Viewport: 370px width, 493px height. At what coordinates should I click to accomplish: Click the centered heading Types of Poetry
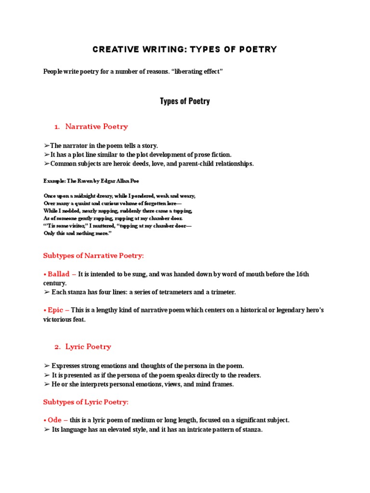click(x=185, y=101)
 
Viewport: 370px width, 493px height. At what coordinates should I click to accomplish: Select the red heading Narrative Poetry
click(x=96, y=127)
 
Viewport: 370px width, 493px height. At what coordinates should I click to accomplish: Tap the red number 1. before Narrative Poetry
click(x=57, y=127)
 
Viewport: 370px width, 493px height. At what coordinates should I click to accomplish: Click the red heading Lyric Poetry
click(x=88, y=347)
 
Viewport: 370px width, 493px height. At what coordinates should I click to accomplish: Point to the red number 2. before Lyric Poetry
click(x=57, y=347)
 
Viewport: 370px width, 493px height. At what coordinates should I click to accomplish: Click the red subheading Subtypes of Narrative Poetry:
click(x=93, y=255)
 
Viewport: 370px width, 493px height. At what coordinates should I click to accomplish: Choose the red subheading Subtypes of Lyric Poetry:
click(x=86, y=402)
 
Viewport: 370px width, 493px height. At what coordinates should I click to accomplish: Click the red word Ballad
click(x=59, y=274)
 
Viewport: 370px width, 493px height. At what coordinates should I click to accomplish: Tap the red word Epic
click(x=56, y=310)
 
